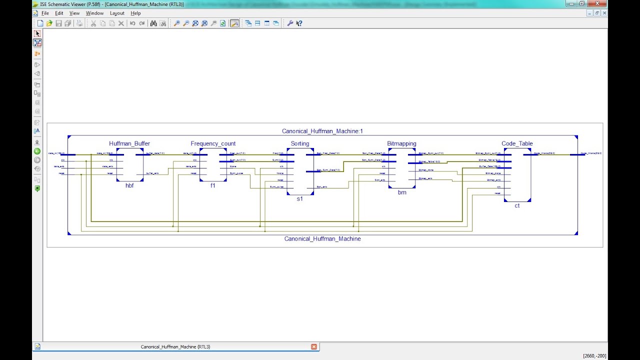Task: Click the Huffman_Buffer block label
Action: (x=129, y=143)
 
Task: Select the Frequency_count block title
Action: (x=213, y=143)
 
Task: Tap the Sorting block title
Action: (x=300, y=143)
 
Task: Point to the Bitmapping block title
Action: (x=401, y=143)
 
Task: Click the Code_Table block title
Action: (x=517, y=143)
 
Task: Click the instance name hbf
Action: (x=129, y=185)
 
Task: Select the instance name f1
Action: (x=213, y=185)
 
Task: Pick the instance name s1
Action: (x=300, y=199)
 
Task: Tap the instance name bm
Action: (x=402, y=192)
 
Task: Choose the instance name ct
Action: (x=517, y=205)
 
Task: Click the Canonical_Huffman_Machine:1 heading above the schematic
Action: (x=322, y=131)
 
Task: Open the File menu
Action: (x=45, y=13)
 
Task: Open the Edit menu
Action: (x=59, y=13)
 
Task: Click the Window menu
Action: (x=94, y=13)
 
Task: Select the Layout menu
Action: (x=117, y=13)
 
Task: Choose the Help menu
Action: (x=135, y=13)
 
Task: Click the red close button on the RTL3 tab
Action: (x=314, y=346)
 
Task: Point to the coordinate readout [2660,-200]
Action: (x=594, y=356)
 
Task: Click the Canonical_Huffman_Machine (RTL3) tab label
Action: (x=175, y=346)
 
